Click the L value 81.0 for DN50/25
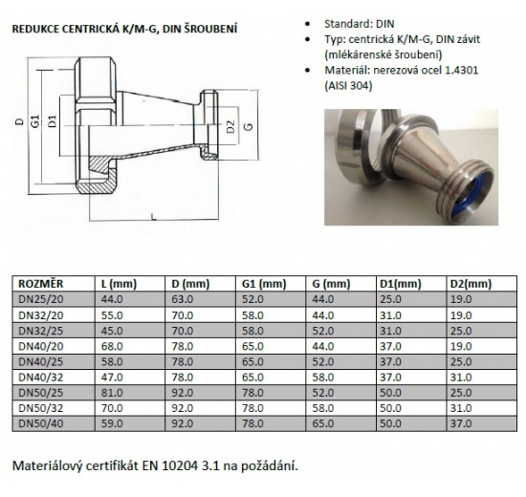[112, 391]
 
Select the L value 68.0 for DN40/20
[112, 344]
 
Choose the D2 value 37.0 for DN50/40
[462, 421]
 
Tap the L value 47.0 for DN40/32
[112, 376]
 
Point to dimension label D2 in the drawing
[230, 124]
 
